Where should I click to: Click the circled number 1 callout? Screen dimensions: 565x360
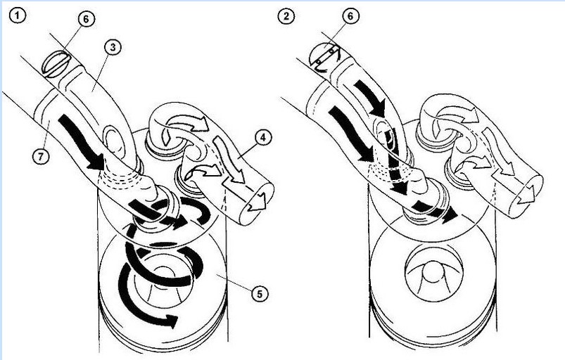[x=17, y=15]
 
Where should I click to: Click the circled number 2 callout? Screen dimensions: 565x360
[x=286, y=16]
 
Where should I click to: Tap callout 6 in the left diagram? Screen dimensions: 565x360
[x=86, y=19]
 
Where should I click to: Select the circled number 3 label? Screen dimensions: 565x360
[x=113, y=48]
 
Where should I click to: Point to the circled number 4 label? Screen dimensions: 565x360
[x=263, y=138]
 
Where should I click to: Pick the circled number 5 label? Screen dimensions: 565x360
[x=259, y=294]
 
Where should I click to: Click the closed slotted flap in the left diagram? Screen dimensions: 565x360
[x=56, y=64]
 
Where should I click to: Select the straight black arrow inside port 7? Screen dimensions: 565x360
[x=82, y=142]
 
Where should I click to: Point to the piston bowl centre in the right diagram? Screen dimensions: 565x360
[x=433, y=273]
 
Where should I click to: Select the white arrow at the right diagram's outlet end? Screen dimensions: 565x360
[x=527, y=195]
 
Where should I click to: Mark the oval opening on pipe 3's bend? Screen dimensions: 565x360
[x=113, y=142]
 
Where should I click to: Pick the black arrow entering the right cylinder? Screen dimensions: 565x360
[x=434, y=212]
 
